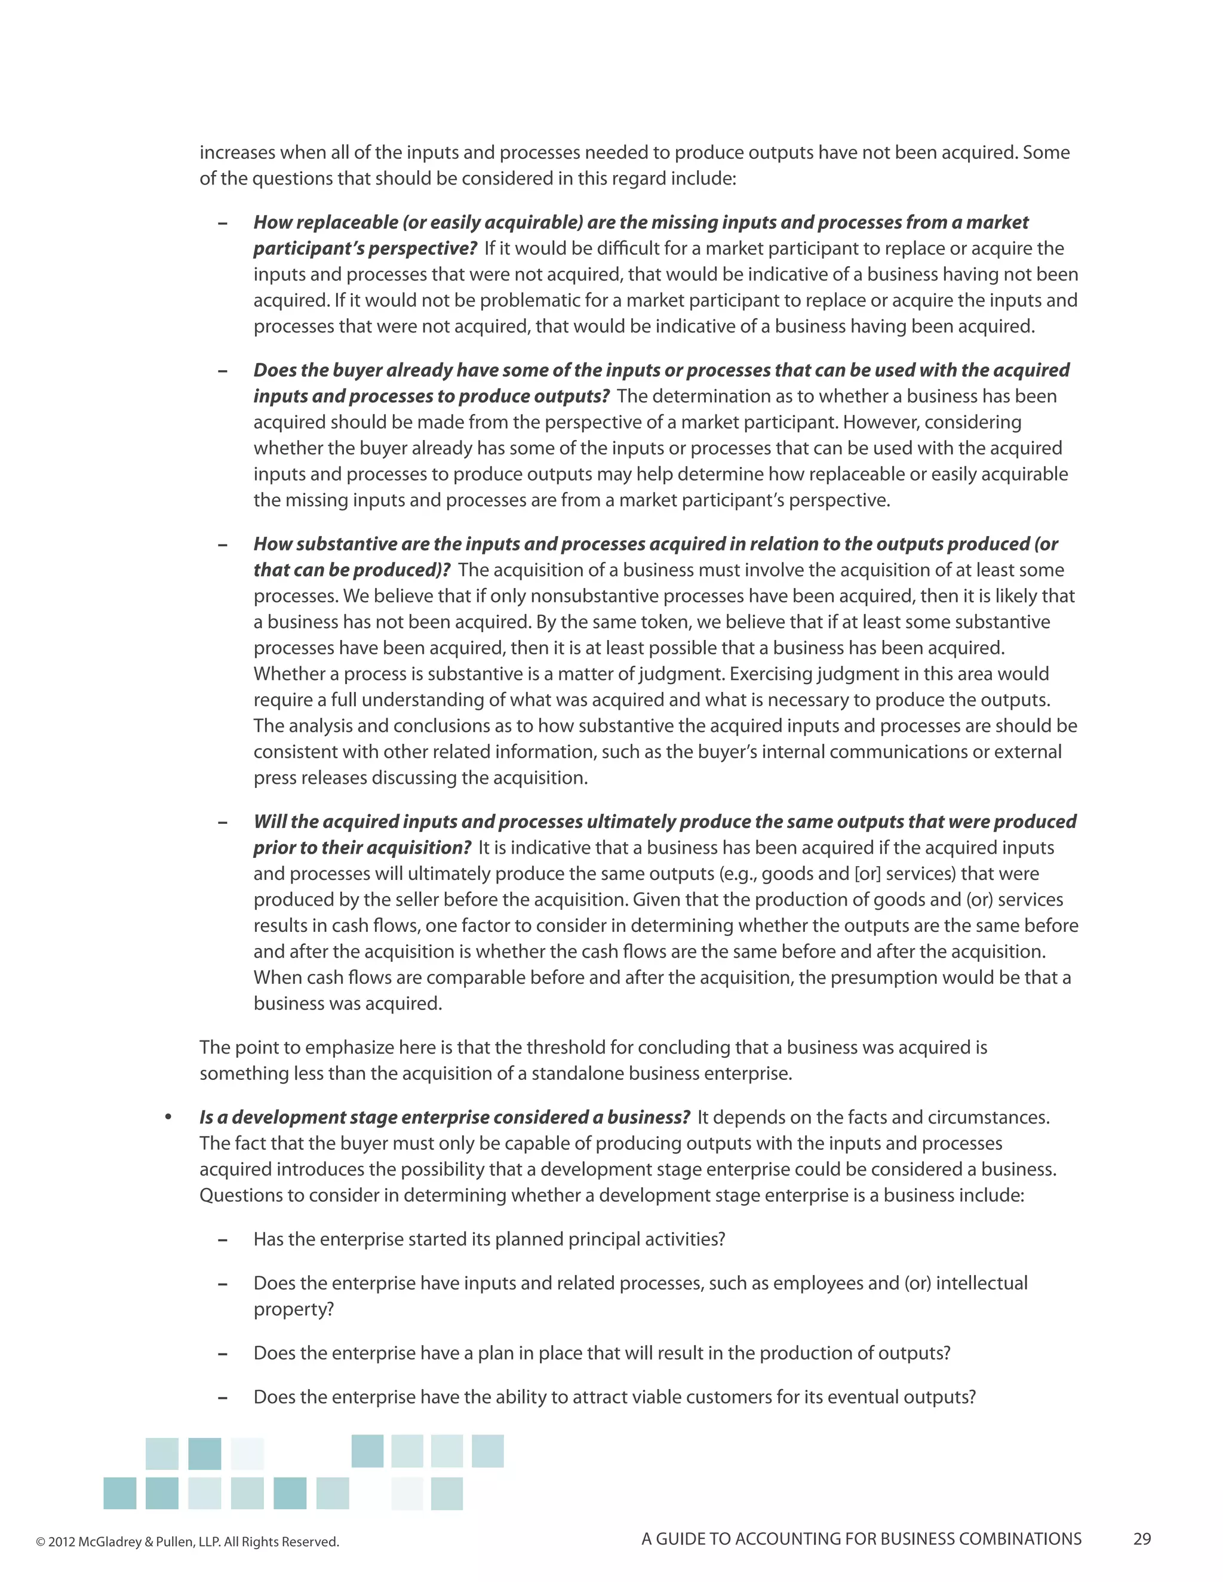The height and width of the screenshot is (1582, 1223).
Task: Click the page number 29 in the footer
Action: [x=1142, y=1538]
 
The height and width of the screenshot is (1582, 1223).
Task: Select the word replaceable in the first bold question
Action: [x=340, y=223]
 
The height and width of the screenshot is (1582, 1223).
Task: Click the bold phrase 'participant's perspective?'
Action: [x=364, y=248]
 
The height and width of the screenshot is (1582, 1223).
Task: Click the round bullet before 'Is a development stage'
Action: [x=168, y=1118]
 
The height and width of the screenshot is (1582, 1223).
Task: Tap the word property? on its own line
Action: [x=293, y=1309]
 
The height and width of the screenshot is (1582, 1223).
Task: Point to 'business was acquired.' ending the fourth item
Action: [x=347, y=1004]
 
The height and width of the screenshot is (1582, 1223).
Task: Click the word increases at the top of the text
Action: [x=237, y=153]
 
